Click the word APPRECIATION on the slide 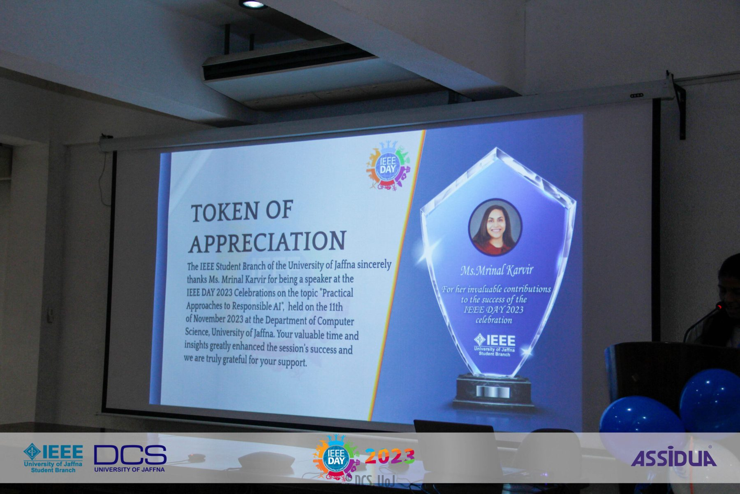pyautogui.click(x=267, y=241)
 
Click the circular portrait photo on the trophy pyautogui.click(x=495, y=228)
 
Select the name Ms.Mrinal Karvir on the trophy pyautogui.click(x=497, y=270)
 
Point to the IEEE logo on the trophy pyautogui.click(x=495, y=345)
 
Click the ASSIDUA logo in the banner pyautogui.click(x=674, y=457)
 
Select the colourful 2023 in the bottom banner pyautogui.click(x=390, y=456)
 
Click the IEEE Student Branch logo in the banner pyautogui.click(x=53, y=458)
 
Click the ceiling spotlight pyautogui.click(x=252, y=4)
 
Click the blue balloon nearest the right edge pyautogui.click(x=710, y=401)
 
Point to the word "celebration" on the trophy pyautogui.click(x=494, y=320)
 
